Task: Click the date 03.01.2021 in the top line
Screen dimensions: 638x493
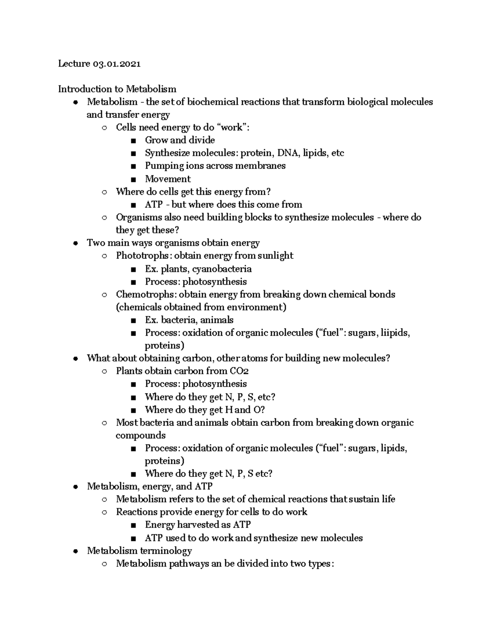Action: coord(117,64)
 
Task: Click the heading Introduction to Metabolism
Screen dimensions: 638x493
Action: coord(117,89)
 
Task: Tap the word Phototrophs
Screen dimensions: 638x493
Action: coord(142,256)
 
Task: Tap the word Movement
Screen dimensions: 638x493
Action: coord(168,179)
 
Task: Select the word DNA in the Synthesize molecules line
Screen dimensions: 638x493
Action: coord(289,153)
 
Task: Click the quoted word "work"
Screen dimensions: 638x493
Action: coord(231,127)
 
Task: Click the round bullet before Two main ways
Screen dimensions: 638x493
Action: coord(75,243)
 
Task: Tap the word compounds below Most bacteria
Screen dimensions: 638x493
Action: coord(141,435)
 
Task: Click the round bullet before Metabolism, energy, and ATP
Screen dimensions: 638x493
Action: coord(75,487)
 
